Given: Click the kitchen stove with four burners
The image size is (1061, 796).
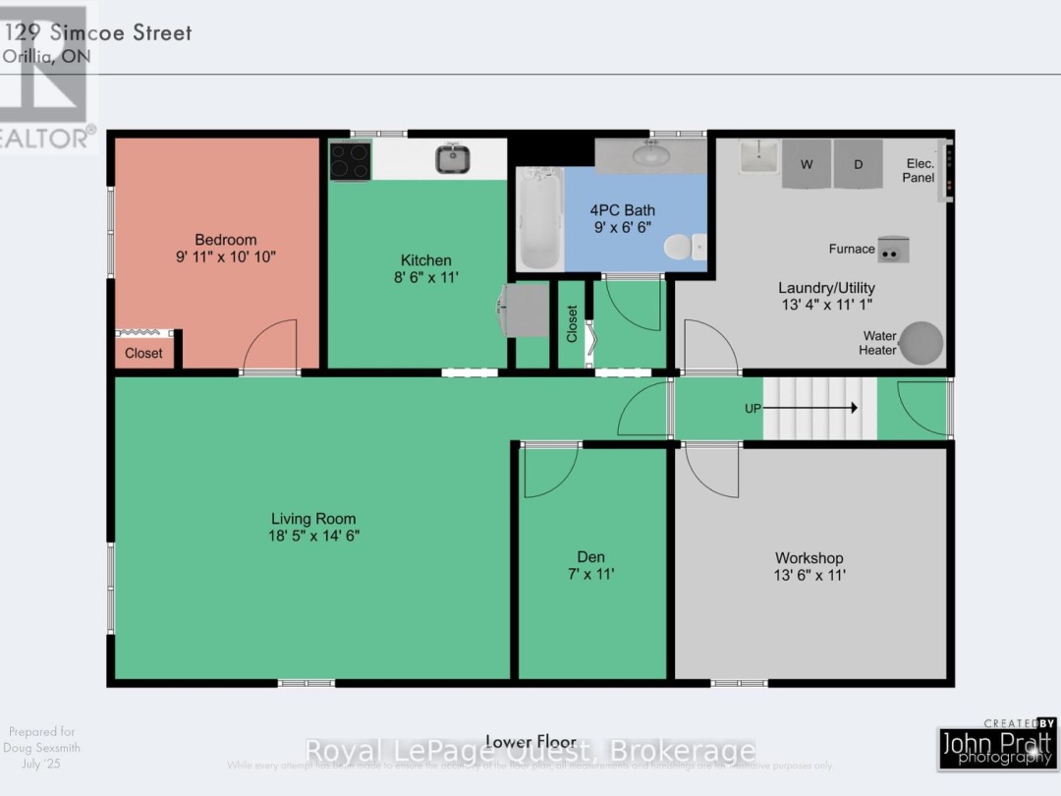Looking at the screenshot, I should [x=350, y=161].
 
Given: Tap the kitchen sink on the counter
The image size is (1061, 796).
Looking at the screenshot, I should [x=452, y=158].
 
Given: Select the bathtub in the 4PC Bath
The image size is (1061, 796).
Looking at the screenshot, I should [x=539, y=218].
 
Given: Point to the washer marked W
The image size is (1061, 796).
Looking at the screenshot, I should [x=807, y=164].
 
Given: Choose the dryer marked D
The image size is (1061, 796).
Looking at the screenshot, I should [x=858, y=164].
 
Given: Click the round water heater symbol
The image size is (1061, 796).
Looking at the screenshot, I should [x=921, y=343].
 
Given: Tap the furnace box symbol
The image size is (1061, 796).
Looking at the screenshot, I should [x=893, y=250].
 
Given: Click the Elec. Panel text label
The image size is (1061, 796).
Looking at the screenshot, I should [x=920, y=171].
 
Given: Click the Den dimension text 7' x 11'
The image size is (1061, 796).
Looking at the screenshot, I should [x=590, y=574].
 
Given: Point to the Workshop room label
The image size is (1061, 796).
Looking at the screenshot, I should [x=809, y=558].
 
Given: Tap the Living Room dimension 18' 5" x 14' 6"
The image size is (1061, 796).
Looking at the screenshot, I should [x=313, y=536].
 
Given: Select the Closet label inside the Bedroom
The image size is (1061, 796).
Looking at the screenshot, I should [x=143, y=353].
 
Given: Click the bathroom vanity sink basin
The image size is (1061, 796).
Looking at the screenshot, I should [x=649, y=154].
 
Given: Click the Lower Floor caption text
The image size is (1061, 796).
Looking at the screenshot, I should [x=523, y=742].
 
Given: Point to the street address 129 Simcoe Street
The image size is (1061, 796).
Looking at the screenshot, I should [x=98, y=32].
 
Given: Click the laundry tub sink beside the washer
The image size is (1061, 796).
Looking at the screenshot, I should [x=758, y=157].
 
